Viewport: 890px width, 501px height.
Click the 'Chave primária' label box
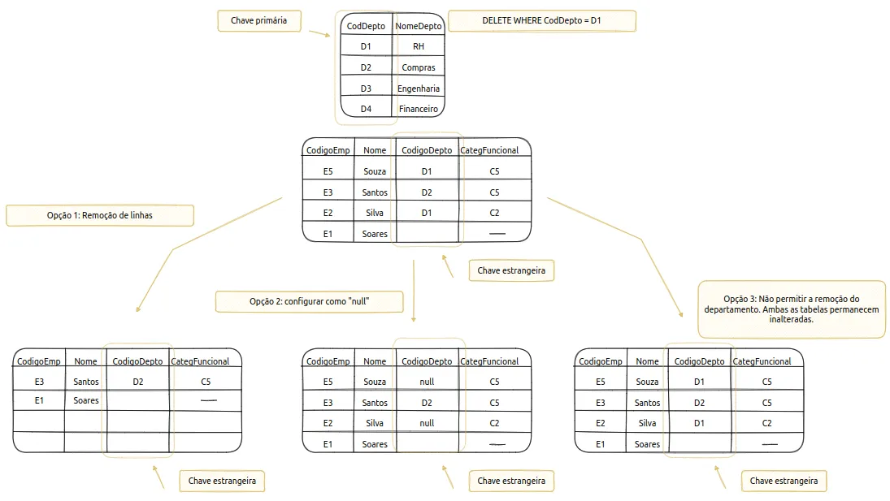click(x=258, y=21)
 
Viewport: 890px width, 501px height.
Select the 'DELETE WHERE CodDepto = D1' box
click(x=541, y=21)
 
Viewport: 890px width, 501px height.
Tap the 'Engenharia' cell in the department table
click(x=419, y=89)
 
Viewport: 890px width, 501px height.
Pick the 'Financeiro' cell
click(x=419, y=109)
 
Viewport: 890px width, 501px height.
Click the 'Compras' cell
click(x=419, y=67)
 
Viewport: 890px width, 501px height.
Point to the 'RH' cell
click(x=419, y=46)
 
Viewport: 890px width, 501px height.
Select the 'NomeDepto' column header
click(x=419, y=26)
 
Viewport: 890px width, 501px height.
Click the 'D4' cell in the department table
click(x=366, y=109)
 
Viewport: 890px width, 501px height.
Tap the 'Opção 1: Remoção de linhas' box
click(x=100, y=215)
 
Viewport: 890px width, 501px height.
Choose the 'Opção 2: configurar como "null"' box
click(x=310, y=301)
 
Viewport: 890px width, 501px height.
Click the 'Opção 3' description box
click(x=791, y=309)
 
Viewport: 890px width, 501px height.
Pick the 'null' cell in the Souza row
click(x=427, y=382)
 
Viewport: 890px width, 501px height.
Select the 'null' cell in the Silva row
click(x=427, y=423)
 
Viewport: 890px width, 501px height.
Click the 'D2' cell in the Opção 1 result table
click(x=138, y=382)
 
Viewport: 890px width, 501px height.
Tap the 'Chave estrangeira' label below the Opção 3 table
click(x=784, y=482)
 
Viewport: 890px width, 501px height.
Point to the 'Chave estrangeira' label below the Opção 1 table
click(x=222, y=482)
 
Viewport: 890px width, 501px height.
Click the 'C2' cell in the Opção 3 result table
click(x=766, y=423)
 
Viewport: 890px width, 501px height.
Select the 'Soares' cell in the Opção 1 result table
click(x=85, y=400)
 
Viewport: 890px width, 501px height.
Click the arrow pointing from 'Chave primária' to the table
click(x=319, y=33)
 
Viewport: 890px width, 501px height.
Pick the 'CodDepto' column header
click(x=366, y=26)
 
